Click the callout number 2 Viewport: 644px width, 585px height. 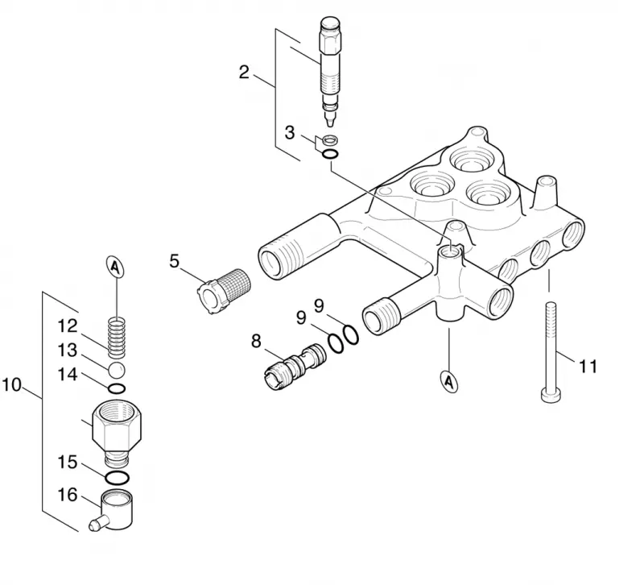pos(244,73)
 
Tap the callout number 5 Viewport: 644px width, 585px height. pos(175,261)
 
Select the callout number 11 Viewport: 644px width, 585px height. pos(588,366)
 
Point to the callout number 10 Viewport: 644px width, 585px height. pos(11,385)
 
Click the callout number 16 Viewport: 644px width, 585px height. pos(68,495)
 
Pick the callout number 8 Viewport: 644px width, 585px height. pos(256,341)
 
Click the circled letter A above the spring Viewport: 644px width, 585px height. pos(116,268)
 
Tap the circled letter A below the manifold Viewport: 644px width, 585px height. pos(450,382)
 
